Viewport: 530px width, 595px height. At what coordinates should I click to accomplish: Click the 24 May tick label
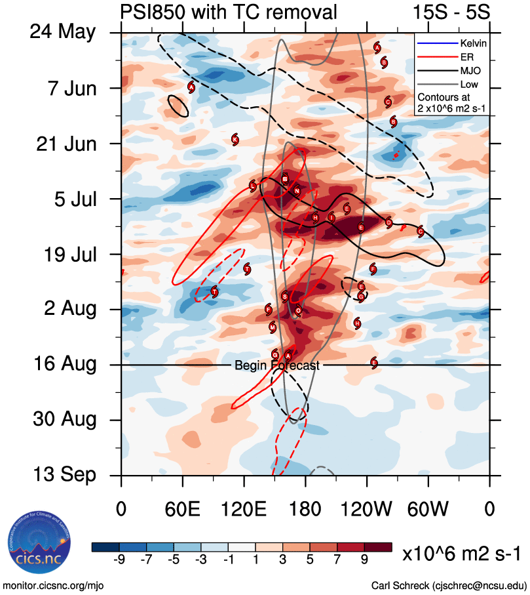63,32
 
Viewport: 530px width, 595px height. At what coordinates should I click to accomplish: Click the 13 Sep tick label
64,475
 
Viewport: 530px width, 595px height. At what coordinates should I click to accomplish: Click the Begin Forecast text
277,365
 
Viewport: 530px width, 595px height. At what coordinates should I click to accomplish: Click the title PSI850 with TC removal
229,12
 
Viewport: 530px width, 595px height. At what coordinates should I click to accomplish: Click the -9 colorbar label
119,560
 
